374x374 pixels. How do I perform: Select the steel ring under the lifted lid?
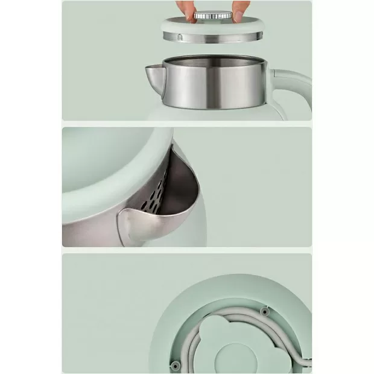click(x=215, y=38)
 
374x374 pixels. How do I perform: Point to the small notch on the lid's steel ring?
click(x=180, y=37)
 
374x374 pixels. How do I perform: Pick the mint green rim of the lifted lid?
click(x=215, y=27)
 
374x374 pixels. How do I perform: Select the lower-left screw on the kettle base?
click(x=176, y=365)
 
